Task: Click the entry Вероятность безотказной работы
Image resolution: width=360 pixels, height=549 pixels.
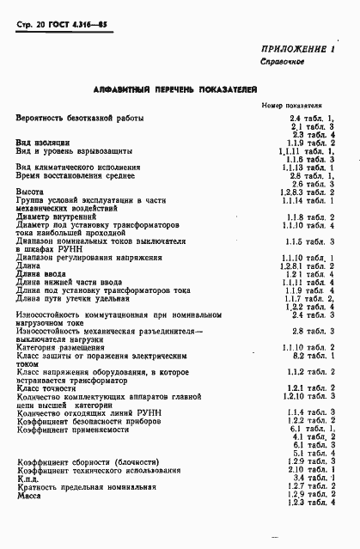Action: click(x=80, y=118)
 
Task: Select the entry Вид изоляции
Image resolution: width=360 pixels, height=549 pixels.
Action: click(x=43, y=143)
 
